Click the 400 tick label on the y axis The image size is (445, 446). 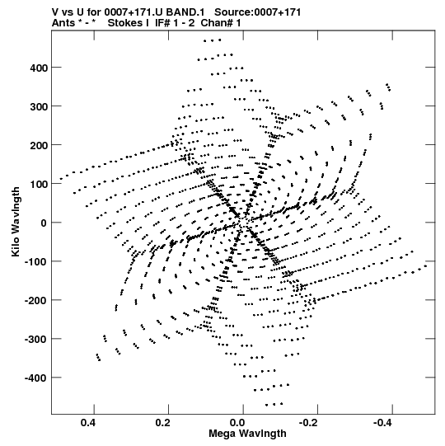[38, 68]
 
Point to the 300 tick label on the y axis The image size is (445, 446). [38, 106]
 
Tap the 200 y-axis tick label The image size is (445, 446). [38, 145]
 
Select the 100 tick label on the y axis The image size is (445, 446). [38, 184]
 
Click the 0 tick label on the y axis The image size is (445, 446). [44, 223]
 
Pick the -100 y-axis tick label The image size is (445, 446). [35, 261]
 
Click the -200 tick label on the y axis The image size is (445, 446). [35, 300]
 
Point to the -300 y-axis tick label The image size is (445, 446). [35, 340]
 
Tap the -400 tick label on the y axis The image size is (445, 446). [35, 378]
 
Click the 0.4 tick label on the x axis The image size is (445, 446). [88, 423]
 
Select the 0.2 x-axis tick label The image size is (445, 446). [163, 423]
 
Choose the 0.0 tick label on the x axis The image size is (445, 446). [237, 423]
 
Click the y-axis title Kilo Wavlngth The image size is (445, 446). [16, 222]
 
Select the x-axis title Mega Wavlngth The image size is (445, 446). [247, 434]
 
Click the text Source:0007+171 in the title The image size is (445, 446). [258, 12]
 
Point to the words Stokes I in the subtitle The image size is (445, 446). [129, 23]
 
